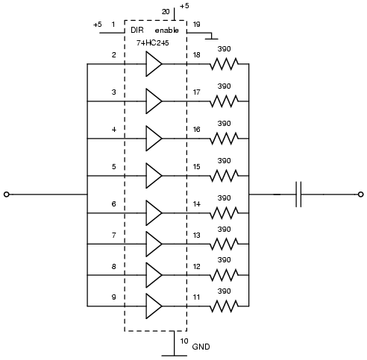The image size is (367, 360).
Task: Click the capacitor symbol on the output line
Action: (298, 195)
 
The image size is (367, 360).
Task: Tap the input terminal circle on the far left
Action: (7, 195)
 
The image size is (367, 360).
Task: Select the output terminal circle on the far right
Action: (360, 195)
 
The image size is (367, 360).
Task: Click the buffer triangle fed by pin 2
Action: (154, 64)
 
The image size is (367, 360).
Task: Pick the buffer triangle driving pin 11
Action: (154, 306)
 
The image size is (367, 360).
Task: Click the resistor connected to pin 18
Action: (224, 64)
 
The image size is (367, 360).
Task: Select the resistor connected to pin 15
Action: (224, 176)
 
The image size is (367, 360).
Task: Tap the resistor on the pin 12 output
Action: (224, 275)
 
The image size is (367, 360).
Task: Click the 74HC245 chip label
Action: (152, 42)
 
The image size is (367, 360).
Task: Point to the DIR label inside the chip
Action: (137, 30)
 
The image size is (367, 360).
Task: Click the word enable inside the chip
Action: (166, 30)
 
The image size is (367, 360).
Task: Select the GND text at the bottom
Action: (201, 347)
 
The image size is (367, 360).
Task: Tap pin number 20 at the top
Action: (166, 12)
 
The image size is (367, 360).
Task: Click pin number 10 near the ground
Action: (184, 341)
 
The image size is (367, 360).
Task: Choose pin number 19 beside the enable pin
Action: (196, 24)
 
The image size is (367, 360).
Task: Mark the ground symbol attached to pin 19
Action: (211, 37)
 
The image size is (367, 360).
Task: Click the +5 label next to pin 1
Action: (98, 25)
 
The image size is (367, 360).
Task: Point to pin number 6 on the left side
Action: (113, 204)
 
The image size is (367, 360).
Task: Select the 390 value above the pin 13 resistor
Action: (224, 229)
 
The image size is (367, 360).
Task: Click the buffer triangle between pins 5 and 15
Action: (154, 176)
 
